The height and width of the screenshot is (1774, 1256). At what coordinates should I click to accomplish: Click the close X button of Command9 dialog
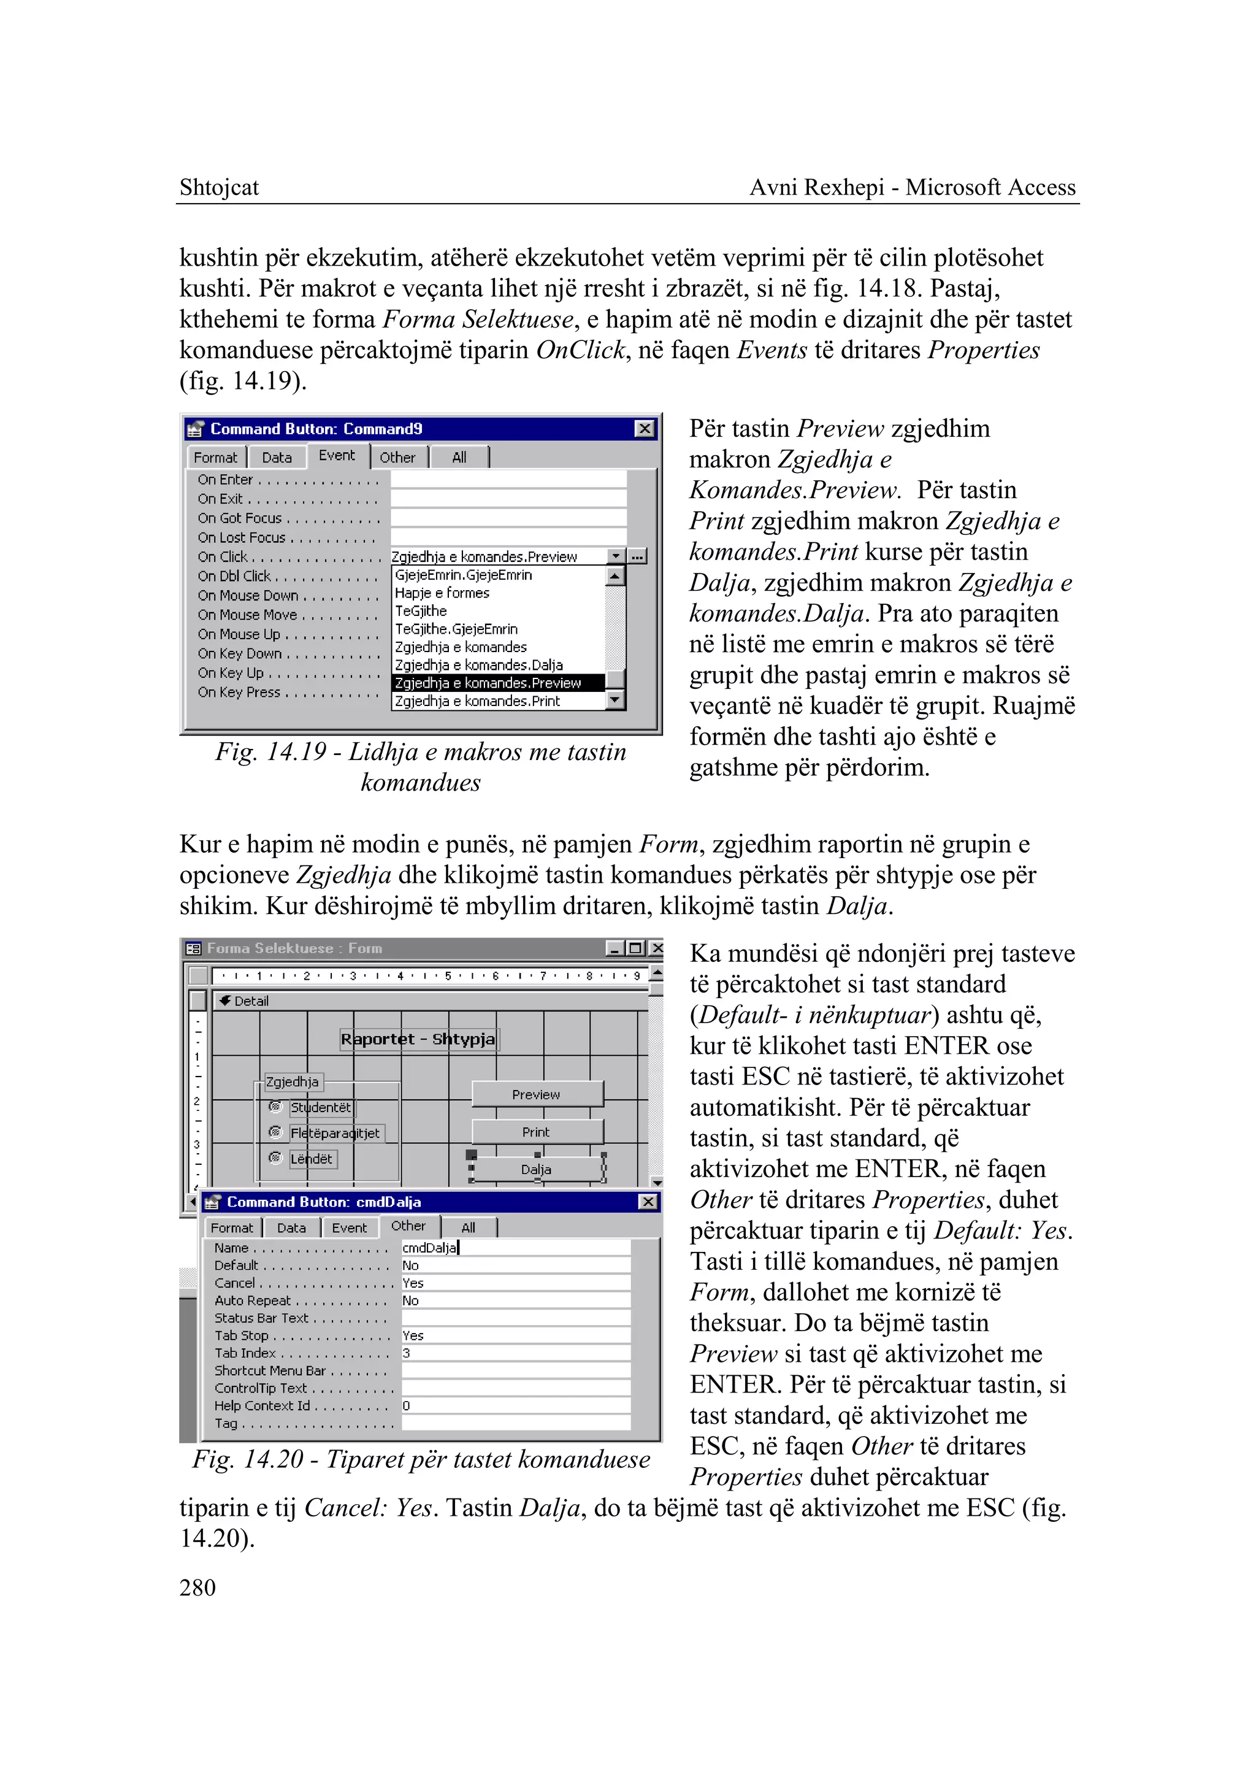point(644,429)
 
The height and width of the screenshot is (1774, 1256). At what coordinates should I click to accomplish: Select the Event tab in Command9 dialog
point(337,456)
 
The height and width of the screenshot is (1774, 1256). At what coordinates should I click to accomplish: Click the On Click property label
point(223,557)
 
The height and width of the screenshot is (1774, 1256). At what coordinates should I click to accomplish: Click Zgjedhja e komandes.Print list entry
point(477,701)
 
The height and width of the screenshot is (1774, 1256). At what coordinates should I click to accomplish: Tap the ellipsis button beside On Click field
point(637,556)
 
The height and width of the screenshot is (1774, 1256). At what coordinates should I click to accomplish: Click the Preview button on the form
point(536,1094)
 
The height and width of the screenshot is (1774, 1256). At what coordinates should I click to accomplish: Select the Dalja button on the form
point(536,1169)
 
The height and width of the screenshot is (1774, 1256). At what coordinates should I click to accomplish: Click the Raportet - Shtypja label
point(418,1039)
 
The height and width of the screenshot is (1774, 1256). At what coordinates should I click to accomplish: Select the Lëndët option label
point(312,1159)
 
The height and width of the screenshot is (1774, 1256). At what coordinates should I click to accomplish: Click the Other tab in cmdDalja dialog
point(408,1226)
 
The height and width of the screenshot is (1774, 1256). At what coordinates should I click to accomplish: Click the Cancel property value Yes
point(413,1283)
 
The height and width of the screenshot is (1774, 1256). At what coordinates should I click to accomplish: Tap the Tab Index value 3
point(407,1353)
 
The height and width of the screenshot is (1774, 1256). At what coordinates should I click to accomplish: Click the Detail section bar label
point(251,1001)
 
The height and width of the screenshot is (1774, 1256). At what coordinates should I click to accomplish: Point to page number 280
point(197,1588)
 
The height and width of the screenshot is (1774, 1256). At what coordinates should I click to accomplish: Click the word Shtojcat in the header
point(219,187)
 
